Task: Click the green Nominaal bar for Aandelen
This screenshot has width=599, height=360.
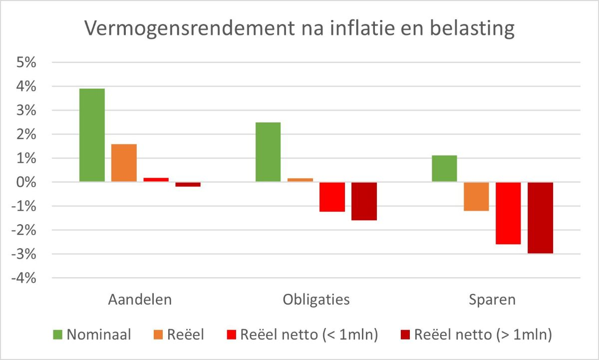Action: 92,135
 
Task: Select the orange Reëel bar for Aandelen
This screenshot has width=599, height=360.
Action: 124,163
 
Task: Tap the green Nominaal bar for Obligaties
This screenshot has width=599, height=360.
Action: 268,152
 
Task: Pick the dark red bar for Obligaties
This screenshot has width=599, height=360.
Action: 364,201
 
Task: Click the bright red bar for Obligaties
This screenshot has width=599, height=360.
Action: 332,197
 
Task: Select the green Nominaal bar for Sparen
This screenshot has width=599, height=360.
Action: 444,169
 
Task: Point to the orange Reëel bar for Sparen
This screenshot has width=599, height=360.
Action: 476,197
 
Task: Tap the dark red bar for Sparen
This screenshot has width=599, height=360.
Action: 540,218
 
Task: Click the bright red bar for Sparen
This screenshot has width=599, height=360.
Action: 508,213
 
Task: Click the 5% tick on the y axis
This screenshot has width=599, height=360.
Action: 26,63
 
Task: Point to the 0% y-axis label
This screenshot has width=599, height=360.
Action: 26,183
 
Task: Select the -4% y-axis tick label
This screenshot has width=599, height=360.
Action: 24,279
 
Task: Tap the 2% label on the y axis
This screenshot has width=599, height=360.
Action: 26,135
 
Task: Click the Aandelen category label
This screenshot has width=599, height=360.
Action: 140,300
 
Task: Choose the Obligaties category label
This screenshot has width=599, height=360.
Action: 316,300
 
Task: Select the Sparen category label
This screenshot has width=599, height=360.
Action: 492,300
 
